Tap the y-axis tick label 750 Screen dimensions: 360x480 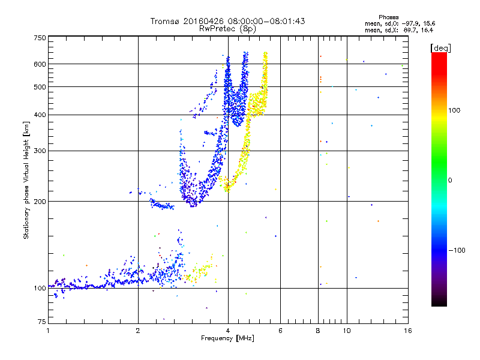[40, 38]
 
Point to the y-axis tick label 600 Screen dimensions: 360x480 [40, 64]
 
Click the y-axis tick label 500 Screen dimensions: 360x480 [40, 87]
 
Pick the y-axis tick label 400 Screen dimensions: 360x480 [40, 115]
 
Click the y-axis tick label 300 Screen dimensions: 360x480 [40, 151]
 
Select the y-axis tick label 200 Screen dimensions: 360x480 [40, 202]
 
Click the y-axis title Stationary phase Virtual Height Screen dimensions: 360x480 [26, 180]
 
